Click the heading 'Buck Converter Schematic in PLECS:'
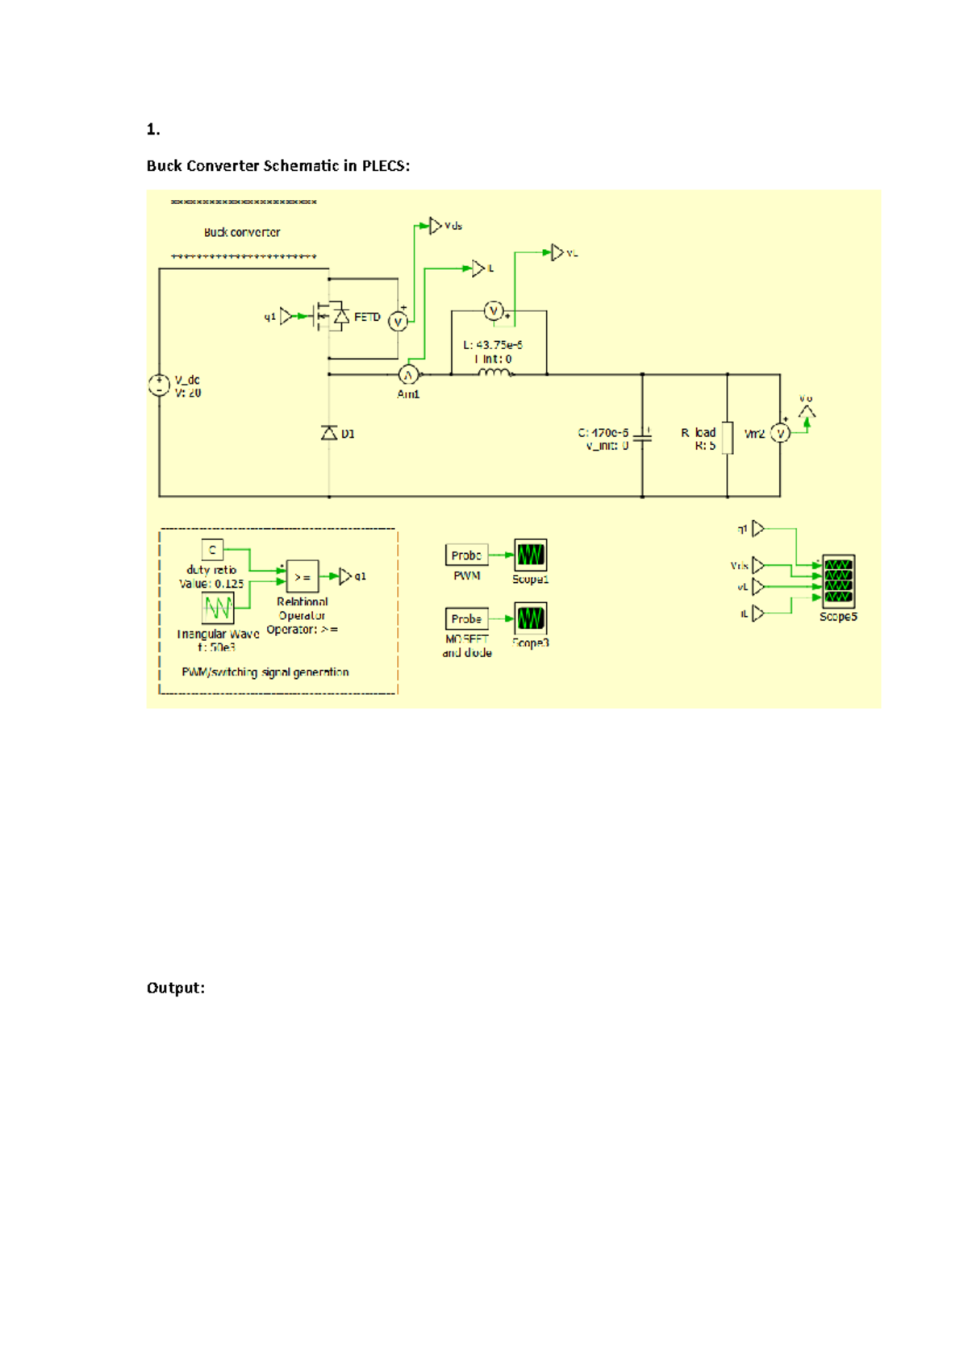click(x=277, y=166)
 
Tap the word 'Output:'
click(x=175, y=988)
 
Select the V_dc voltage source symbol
click(x=159, y=385)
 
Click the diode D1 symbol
click(x=329, y=434)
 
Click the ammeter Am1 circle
click(x=408, y=375)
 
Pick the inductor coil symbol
click(x=494, y=372)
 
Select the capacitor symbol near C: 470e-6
click(x=642, y=436)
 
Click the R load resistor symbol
click(x=727, y=438)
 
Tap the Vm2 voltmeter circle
click(x=780, y=434)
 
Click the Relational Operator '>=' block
click(x=302, y=576)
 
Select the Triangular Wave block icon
click(x=218, y=608)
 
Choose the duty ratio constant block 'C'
click(x=212, y=550)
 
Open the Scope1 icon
click(x=530, y=556)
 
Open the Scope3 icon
click(x=530, y=619)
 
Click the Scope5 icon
click(x=838, y=581)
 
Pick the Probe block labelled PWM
click(x=466, y=556)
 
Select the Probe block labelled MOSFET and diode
click(x=466, y=619)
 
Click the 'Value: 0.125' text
click(x=211, y=584)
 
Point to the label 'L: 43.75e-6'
click(x=493, y=345)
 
